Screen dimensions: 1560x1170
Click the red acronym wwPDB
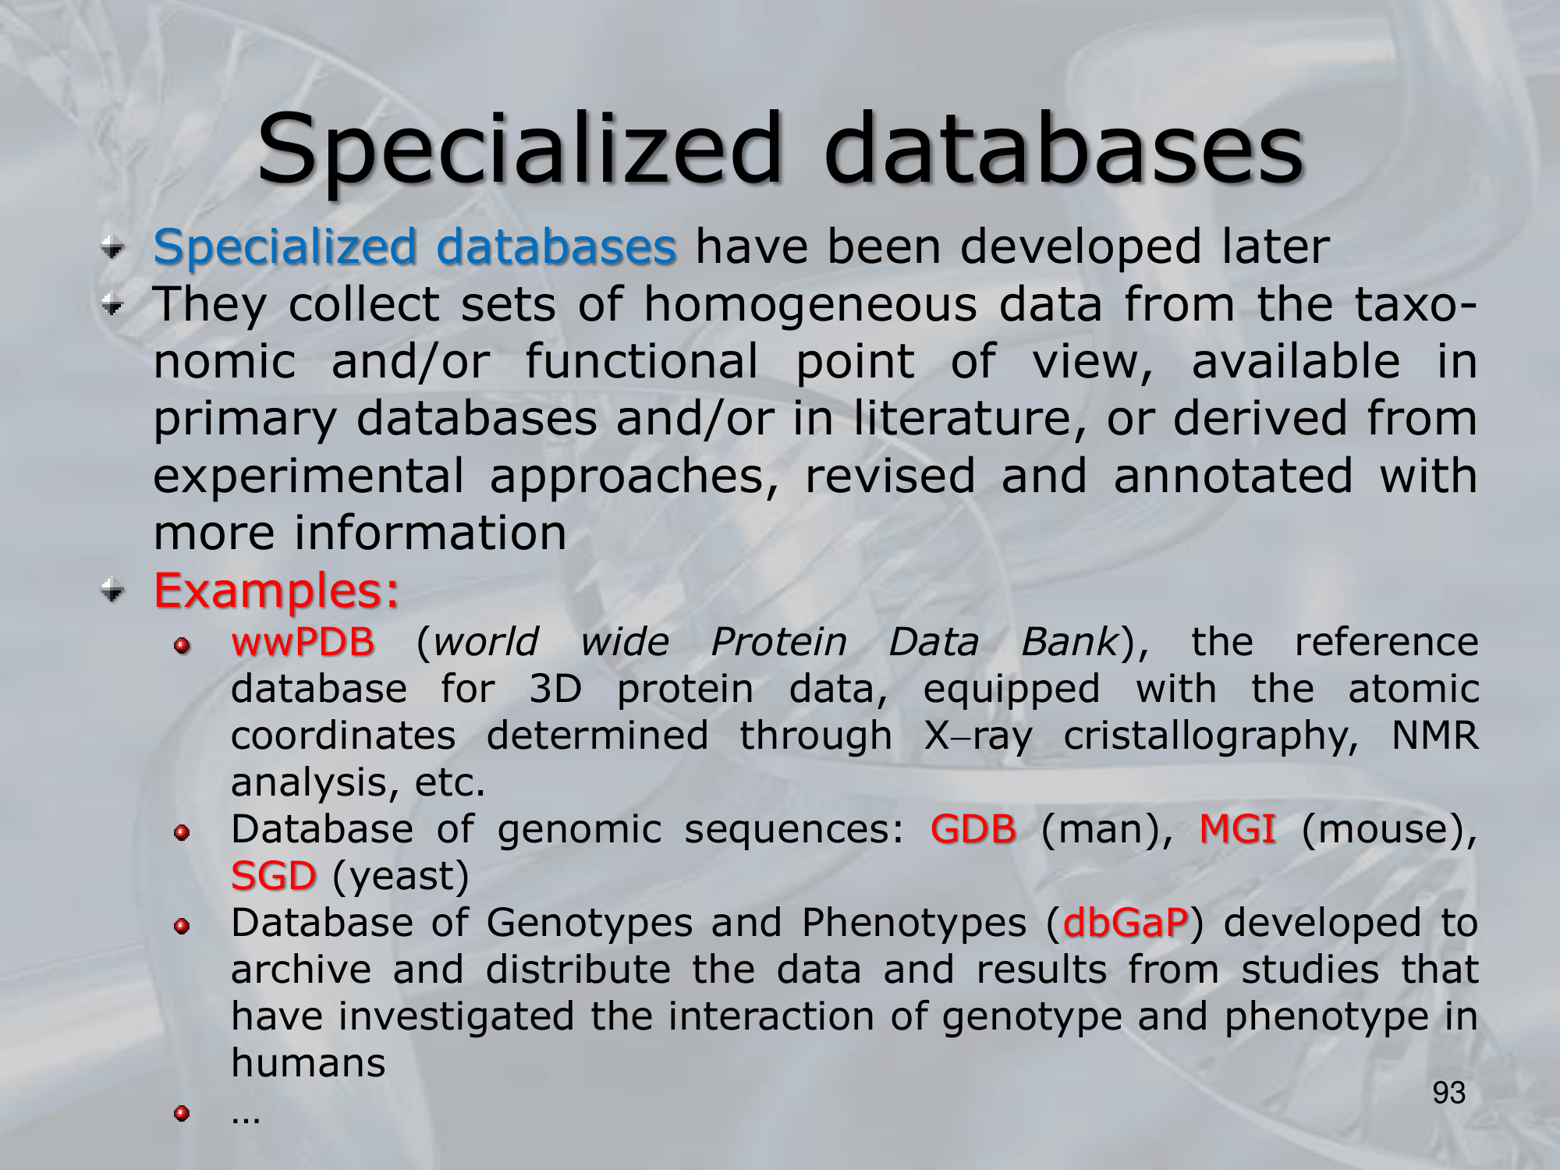[303, 642]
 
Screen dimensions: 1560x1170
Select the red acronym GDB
[973, 828]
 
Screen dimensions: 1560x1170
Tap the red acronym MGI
[1237, 828]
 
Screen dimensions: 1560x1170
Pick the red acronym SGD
[274, 875]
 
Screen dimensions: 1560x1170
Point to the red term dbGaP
[1125, 923]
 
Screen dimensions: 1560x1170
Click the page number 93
[1449, 1093]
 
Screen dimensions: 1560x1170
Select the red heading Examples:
[277, 590]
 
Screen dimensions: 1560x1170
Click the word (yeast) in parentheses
[401, 877]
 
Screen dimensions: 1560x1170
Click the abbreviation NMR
[1435, 736]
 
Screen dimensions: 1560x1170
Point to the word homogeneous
[810, 305]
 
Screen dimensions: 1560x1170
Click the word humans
[308, 1063]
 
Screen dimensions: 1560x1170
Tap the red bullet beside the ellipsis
[182, 1113]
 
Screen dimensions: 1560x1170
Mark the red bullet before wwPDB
[182, 646]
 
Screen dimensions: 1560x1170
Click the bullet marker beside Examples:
[113, 590]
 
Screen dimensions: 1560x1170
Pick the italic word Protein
[778, 642]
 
